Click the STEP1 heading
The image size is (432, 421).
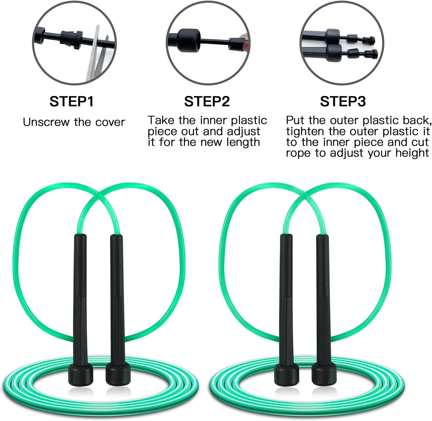click(x=71, y=101)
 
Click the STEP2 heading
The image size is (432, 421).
click(x=207, y=101)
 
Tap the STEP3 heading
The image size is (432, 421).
click(x=343, y=101)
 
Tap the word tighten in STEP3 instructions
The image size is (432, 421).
click(x=305, y=131)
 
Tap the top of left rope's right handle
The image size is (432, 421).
click(x=116, y=236)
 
